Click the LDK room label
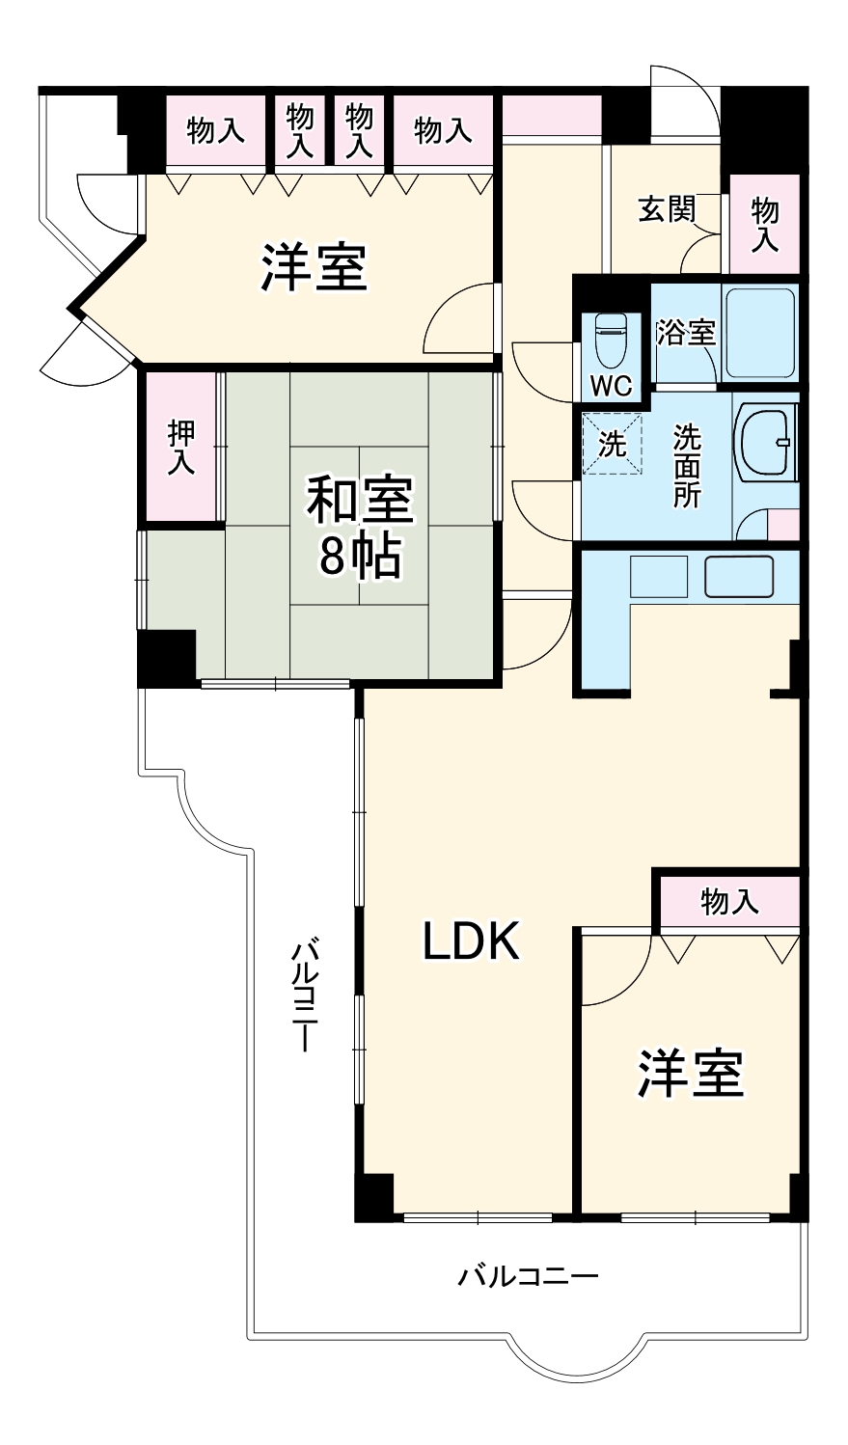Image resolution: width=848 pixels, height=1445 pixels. (472, 941)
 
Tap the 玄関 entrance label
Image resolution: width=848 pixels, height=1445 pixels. (667, 209)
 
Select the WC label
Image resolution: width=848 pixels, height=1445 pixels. (611, 386)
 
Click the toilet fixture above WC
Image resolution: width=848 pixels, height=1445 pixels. (612, 337)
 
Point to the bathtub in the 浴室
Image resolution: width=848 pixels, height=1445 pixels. (760, 333)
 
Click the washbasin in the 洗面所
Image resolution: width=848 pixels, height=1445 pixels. (767, 443)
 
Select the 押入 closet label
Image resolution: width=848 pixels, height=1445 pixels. (180, 447)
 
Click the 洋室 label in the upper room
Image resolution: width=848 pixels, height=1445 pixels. (314, 267)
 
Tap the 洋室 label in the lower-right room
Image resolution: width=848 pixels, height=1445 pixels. (689, 1073)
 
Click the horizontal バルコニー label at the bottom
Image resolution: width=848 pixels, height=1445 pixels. (528, 1277)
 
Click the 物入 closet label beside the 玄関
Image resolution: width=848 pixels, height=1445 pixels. (764, 224)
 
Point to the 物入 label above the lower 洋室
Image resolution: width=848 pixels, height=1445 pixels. (729, 902)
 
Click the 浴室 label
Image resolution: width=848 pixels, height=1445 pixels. (685, 332)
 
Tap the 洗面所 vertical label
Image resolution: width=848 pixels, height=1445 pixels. (687, 466)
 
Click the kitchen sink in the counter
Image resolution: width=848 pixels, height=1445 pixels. (739, 577)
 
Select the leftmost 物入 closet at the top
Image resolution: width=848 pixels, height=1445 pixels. (215, 130)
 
